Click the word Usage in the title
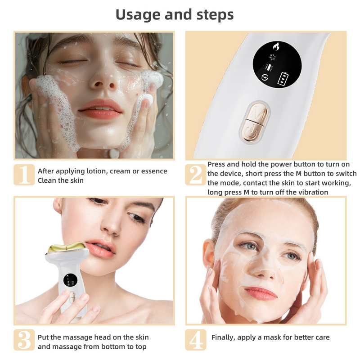(x=135, y=15)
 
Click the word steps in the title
(x=215, y=15)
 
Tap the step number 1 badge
(x=24, y=175)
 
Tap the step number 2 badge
(x=195, y=175)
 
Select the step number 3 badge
(x=24, y=340)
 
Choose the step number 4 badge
(x=195, y=340)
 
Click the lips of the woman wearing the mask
(x=261, y=293)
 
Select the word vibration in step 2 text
(x=312, y=192)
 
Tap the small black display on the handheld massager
(x=68, y=280)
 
